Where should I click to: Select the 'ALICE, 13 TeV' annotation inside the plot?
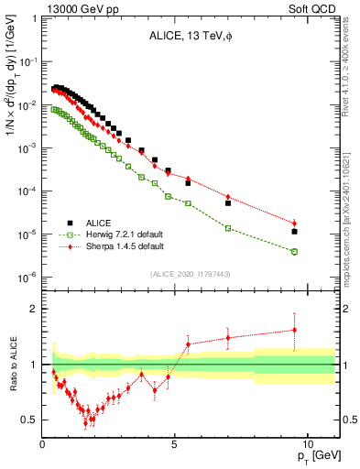[x=188, y=37]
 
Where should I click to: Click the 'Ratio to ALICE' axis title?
[x=12, y=365]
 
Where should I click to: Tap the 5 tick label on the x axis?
[x=174, y=442]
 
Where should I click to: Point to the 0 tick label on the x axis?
[x=43, y=442]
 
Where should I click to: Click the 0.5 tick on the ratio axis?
[x=31, y=420]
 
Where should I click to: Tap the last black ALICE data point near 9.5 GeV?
[x=294, y=231]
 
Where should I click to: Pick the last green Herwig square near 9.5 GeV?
[x=294, y=251]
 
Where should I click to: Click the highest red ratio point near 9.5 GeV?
[x=294, y=330]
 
